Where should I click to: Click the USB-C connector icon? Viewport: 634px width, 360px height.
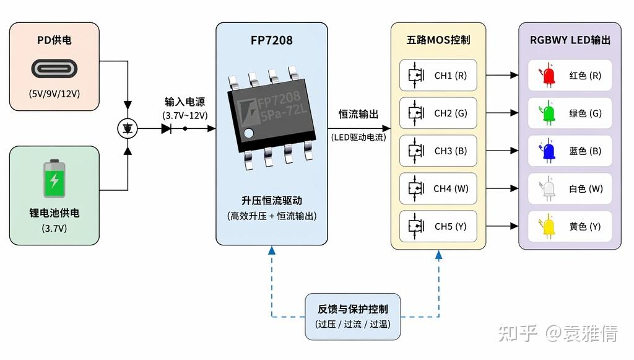click(x=54, y=69)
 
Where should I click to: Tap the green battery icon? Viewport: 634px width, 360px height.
click(x=54, y=178)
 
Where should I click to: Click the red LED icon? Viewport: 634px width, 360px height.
click(x=548, y=75)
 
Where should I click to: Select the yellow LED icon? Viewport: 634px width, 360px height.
click(x=548, y=226)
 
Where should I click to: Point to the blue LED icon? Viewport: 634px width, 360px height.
click(x=548, y=151)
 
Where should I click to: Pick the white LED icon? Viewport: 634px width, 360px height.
click(x=548, y=188)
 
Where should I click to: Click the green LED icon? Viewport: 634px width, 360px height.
click(x=548, y=113)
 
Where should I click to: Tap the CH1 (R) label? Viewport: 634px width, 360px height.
click(x=451, y=76)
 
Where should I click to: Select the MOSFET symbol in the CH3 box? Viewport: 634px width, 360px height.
click(x=415, y=151)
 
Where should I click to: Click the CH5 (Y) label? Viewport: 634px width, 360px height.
click(x=451, y=227)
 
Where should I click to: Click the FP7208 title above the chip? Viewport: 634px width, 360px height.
click(x=271, y=40)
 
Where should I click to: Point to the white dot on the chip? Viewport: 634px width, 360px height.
click(x=249, y=133)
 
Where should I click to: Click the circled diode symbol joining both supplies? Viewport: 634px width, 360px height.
click(x=128, y=129)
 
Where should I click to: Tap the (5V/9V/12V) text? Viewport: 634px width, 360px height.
click(x=54, y=94)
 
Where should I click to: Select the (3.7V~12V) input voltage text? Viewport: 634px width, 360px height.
click(x=185, y=116)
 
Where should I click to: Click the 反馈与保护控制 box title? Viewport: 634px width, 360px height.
click(x=352, y=309)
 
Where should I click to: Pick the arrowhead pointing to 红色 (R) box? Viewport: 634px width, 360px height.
click(x=515, y=75)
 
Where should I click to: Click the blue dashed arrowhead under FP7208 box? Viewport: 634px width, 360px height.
click(x=272, y=250)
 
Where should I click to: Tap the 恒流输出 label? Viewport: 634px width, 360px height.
click(x=358, y=115)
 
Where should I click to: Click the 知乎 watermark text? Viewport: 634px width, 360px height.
click(x=517, y=333)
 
